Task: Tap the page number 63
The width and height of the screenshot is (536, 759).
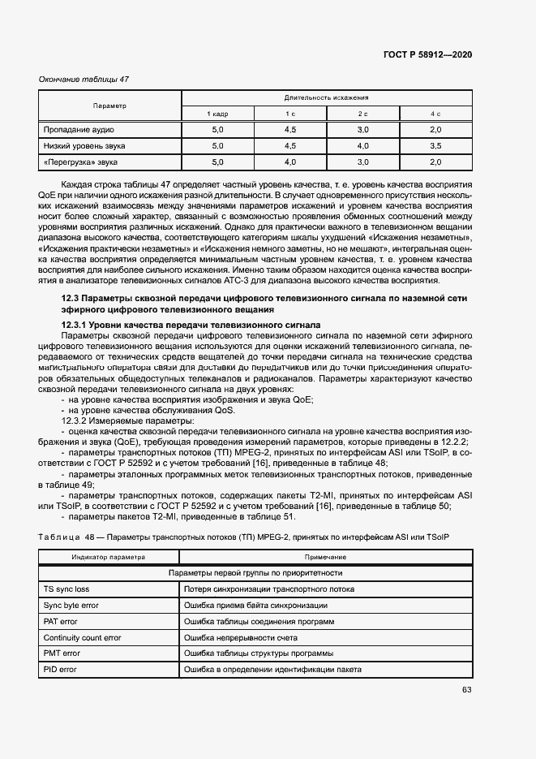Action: pos(466,690)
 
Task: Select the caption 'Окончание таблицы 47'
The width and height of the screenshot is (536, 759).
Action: pos(84,80)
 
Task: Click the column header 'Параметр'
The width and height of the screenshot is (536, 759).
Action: pos(109,106)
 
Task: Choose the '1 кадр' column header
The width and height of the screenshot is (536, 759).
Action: pos(217,114)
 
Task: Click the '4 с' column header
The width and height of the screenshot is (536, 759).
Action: pos(435,114)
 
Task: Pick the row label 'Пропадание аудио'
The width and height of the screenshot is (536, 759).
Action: pos(79,130)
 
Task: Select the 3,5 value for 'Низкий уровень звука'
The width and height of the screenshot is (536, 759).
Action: pos(435,146)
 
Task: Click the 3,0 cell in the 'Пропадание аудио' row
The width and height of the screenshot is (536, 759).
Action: pos(362,130)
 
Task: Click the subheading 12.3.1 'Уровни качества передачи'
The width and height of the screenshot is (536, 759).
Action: pos(179,325)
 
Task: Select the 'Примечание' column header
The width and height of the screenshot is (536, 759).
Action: pos(326,558)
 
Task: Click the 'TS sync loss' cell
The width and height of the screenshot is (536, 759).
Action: pos(66,589)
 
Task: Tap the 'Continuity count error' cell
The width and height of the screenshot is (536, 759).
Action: pos(82,637)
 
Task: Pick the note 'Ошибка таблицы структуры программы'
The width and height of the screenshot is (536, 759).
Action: pos(259,653)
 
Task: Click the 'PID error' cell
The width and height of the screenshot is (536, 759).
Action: pos(60,669)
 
